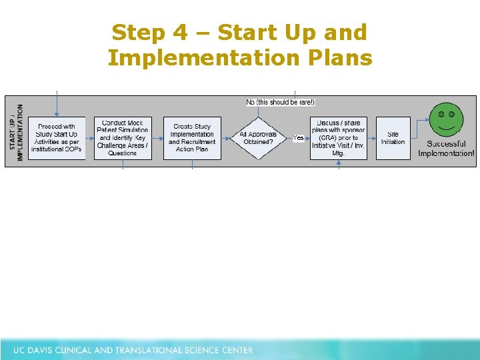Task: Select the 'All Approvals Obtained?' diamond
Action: pos(258,138)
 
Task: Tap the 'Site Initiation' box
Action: pos(393,138)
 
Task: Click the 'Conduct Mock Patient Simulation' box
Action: pos(122,138)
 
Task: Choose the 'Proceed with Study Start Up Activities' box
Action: pos(57,138)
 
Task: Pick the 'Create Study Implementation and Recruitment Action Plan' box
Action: pos(192,138)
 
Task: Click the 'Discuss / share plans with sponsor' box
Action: pos(338,138)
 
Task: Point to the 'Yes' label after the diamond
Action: pos(298,138)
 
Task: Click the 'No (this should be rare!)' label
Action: pos(280,102)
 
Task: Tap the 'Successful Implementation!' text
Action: pos(446,149)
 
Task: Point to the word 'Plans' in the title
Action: pos(338,58)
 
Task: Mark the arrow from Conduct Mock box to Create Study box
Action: pos(157,138)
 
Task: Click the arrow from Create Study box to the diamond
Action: pos(227,138)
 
